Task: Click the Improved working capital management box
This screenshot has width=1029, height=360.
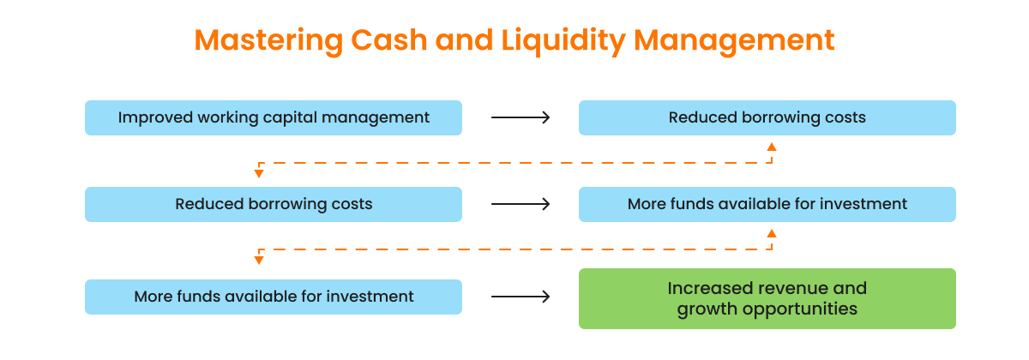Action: coord(273,117)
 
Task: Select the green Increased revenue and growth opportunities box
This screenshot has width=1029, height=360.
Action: coord(767,298)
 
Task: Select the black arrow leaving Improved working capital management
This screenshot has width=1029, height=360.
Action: coord(521,117)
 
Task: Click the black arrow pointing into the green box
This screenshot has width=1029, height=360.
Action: coord(521,297)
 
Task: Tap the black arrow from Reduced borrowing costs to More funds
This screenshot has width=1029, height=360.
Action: coord(521,204)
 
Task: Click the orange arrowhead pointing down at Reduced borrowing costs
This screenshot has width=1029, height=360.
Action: coord(259,174)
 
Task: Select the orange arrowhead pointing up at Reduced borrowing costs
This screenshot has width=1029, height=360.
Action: coord(771,147)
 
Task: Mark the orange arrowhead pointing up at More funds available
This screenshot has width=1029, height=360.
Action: coord(771,233)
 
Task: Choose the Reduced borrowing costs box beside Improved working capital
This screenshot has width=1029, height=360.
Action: coord(767,117)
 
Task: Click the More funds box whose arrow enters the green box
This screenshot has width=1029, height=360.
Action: coord(273,297)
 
